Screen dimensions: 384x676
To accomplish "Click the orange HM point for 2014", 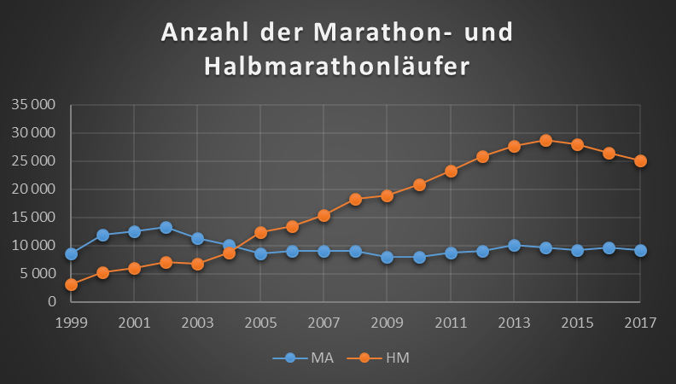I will (545, 140).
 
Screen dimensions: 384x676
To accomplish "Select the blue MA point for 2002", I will (166, 228).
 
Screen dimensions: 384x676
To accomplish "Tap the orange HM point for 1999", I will (71, 284).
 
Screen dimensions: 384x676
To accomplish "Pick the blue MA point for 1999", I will (71, 253).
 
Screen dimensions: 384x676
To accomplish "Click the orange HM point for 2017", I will (640, 160).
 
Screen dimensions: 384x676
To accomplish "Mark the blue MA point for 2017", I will (640, 250).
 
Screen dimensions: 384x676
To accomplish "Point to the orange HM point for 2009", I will (387, 195).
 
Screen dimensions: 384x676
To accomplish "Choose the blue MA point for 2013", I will (514, 245).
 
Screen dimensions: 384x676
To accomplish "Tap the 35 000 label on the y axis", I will (32, 105).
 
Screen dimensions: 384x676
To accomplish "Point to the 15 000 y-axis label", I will (32, 218).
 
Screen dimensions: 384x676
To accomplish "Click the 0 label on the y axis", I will (50, 301).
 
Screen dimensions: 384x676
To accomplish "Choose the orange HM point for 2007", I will (323, 215).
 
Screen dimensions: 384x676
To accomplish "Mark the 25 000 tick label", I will (32, 161).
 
